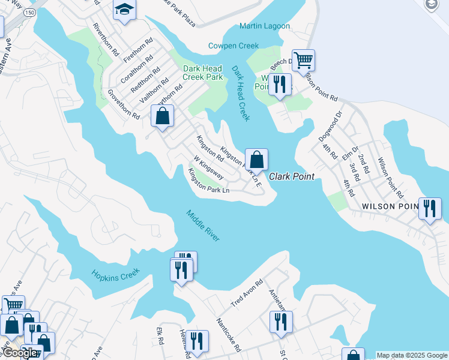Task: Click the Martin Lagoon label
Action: click(264, 26)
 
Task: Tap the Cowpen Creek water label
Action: click(234, 46)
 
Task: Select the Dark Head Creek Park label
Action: click(203, 73)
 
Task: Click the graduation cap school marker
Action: click(125, 10)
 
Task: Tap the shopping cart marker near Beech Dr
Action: click(303, 60)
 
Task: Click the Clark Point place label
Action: click(292, 176)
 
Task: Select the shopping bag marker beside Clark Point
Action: click(256, 160)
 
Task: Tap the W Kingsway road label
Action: click(208, 168)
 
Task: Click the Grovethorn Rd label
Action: click(123, 104)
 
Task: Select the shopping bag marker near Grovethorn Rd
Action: click(162, 116)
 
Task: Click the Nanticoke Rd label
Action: click(229, 335)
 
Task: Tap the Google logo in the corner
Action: click(20, 353)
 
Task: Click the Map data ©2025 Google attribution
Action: click(412, 355)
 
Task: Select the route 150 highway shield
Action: click(29, 11)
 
